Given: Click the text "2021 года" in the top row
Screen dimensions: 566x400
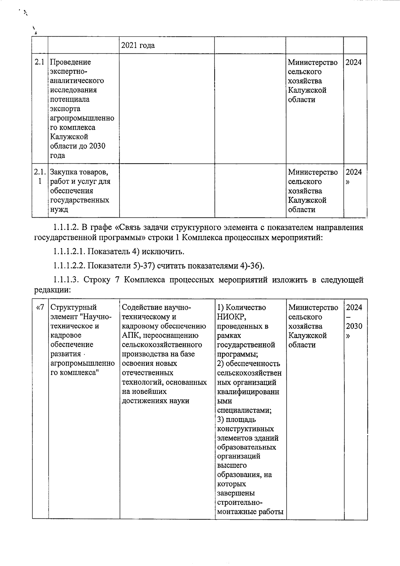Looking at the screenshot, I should [138, 45].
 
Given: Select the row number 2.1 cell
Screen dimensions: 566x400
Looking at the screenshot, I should [40, 62].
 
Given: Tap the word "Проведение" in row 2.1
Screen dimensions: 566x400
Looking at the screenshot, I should [70, 62].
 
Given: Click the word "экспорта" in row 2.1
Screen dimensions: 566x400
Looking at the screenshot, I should [65, 109].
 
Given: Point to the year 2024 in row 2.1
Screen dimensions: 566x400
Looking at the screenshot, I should [353, 62].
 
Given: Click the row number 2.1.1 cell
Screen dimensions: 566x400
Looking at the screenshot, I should [40, 177].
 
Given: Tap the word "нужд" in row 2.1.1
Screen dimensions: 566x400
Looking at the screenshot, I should [59, 210].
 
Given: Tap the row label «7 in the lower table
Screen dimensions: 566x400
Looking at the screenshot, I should [40, 307].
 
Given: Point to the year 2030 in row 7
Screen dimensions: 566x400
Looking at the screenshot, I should [354, 326].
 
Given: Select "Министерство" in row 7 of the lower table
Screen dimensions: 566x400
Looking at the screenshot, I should [313, 307].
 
